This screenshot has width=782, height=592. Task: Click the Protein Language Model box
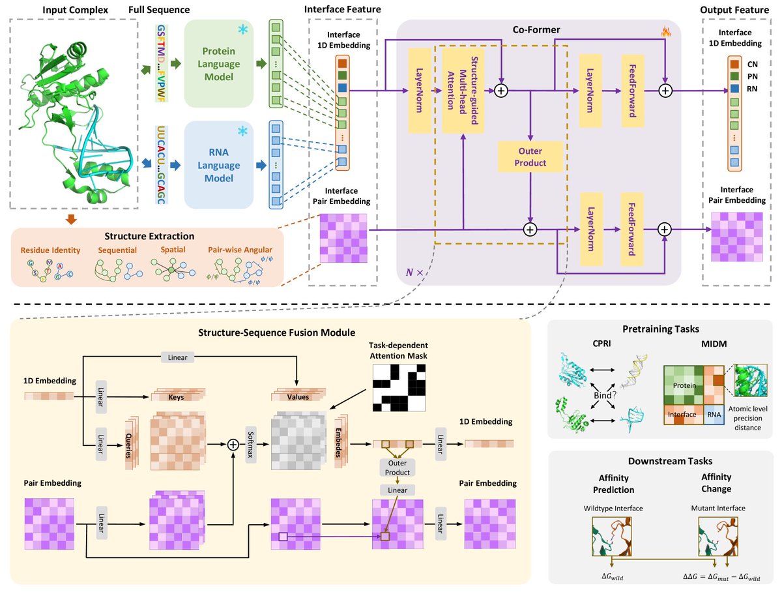(x=218, y=64)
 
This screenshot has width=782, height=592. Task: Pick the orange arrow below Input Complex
(x=72, y=219)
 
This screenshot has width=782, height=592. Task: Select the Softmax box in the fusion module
(x=250, y=445)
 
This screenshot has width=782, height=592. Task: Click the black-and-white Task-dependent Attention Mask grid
(x=398, y=379)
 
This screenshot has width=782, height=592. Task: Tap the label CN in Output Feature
(x=753, y=65)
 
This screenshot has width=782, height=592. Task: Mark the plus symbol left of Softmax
(x=233, y=445)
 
